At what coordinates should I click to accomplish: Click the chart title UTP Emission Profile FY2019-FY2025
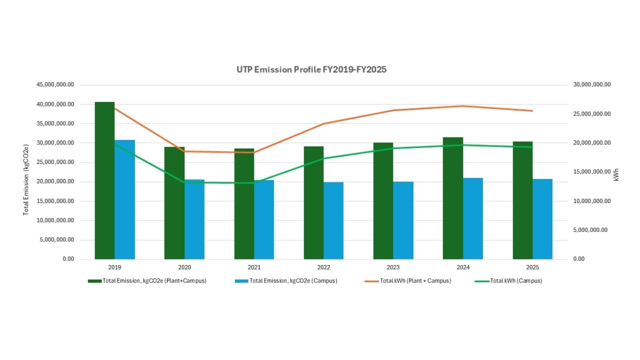point(311,69)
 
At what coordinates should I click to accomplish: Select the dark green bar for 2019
point(104,180)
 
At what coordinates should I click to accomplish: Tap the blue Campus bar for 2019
point(125,200)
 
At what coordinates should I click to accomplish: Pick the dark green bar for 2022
point(313,202)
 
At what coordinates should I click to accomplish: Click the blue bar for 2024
point(473,218)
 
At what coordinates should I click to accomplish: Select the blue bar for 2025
point(542,219)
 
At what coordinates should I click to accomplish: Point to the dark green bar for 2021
point(244,203)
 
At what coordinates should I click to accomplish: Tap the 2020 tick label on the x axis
point(184,267)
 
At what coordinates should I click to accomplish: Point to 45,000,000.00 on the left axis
point(55,85)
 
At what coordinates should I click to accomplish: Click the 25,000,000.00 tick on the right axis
point(592,114)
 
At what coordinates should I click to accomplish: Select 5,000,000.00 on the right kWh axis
point(590,230)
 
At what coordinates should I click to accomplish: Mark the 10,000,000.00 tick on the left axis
point(55,220)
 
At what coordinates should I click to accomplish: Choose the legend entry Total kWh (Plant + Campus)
point(415,281)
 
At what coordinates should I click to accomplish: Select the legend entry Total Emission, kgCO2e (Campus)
point(293,281)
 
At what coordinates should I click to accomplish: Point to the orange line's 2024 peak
point(463,106)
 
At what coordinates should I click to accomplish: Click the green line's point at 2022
point(323,158)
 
